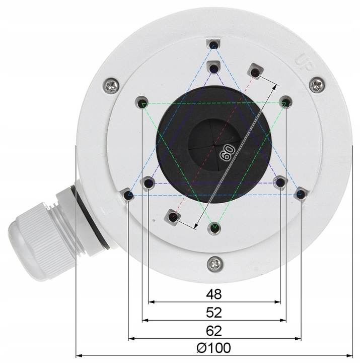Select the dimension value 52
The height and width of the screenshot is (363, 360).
coord(214,312)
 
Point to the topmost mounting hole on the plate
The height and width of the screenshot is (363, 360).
coord(214,45)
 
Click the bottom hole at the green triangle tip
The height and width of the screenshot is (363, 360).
coord(215,228)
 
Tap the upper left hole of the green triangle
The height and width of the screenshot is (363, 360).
coord(142,103)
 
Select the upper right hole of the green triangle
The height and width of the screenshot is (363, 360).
coord(285,103)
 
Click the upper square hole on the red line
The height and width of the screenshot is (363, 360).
coord(256,73)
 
